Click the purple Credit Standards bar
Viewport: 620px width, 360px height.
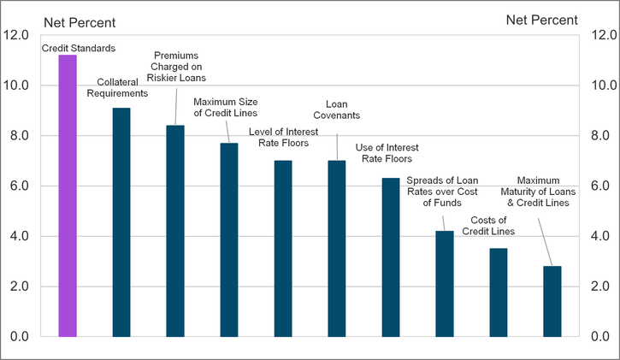[68, 197]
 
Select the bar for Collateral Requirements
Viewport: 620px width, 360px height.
[121, 222]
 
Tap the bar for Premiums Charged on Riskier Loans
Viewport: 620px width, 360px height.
[175, 231]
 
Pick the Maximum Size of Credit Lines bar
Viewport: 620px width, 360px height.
[229, 239]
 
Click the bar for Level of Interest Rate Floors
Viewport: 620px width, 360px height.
[283, 248]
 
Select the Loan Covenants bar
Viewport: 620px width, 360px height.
[337, 248]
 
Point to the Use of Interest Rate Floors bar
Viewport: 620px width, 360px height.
[391, 257]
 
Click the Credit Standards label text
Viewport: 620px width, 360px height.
[79, 48]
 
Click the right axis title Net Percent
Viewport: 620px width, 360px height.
[541, 20]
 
